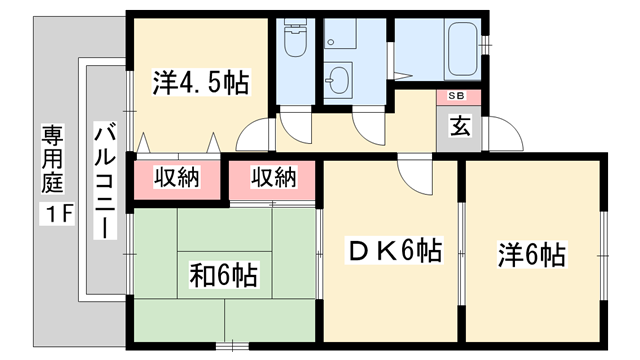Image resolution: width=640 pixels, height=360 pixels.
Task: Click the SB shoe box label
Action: point(456,97)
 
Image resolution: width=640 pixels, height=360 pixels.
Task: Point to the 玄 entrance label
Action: point(459,127)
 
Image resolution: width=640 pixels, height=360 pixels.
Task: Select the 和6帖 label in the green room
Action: point(224,273)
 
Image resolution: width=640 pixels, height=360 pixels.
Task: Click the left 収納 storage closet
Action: point(177,179)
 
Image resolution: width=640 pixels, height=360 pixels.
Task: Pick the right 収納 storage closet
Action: point(273,179)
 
